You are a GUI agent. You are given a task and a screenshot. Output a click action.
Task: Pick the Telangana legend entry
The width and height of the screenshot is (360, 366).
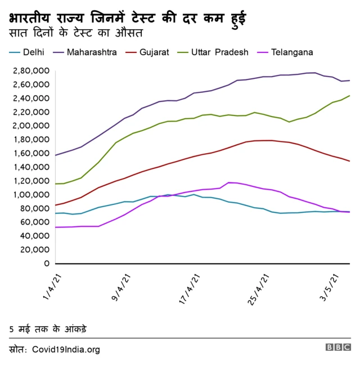point(292,52)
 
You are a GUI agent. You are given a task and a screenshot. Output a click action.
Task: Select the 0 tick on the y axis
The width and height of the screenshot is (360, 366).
point(47,264)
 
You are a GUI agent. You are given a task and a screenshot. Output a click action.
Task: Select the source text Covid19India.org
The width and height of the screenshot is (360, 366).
point(66,349)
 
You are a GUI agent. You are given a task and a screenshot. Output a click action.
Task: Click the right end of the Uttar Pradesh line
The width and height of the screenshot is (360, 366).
point(349,96)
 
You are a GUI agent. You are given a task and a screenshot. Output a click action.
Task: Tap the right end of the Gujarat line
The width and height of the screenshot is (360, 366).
point(349,161)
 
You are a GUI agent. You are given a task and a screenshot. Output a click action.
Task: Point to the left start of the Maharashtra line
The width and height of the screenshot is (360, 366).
point(55,155)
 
